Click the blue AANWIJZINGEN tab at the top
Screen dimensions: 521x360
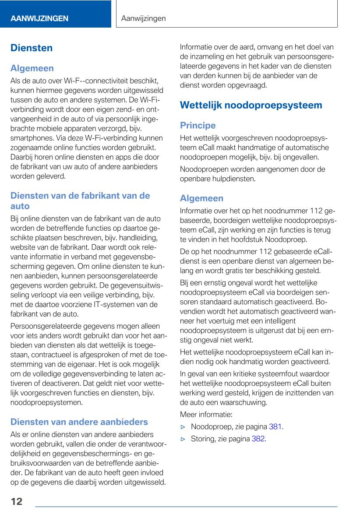click(x=39, y=18)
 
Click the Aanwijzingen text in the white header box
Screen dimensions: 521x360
click(x=143, y=18)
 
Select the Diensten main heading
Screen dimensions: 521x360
click(x=32, y=48)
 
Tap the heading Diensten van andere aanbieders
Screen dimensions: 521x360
click(x=79, y=422)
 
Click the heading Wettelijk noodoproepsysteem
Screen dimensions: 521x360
click(x=251, y=105)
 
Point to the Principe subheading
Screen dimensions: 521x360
click(x=198, y=125)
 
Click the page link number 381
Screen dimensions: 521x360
click(x=275, y=426)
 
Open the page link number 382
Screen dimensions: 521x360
click(x=258, y=438)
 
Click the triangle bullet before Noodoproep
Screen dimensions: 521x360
click(x=184, y=427)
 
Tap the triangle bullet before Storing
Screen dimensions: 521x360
click(x=184, y=439)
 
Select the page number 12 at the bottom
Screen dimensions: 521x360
click(x=17, y=502)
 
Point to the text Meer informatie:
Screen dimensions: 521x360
click(x=206, y=414)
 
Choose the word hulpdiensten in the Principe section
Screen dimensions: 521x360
click(x=235, y=179)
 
